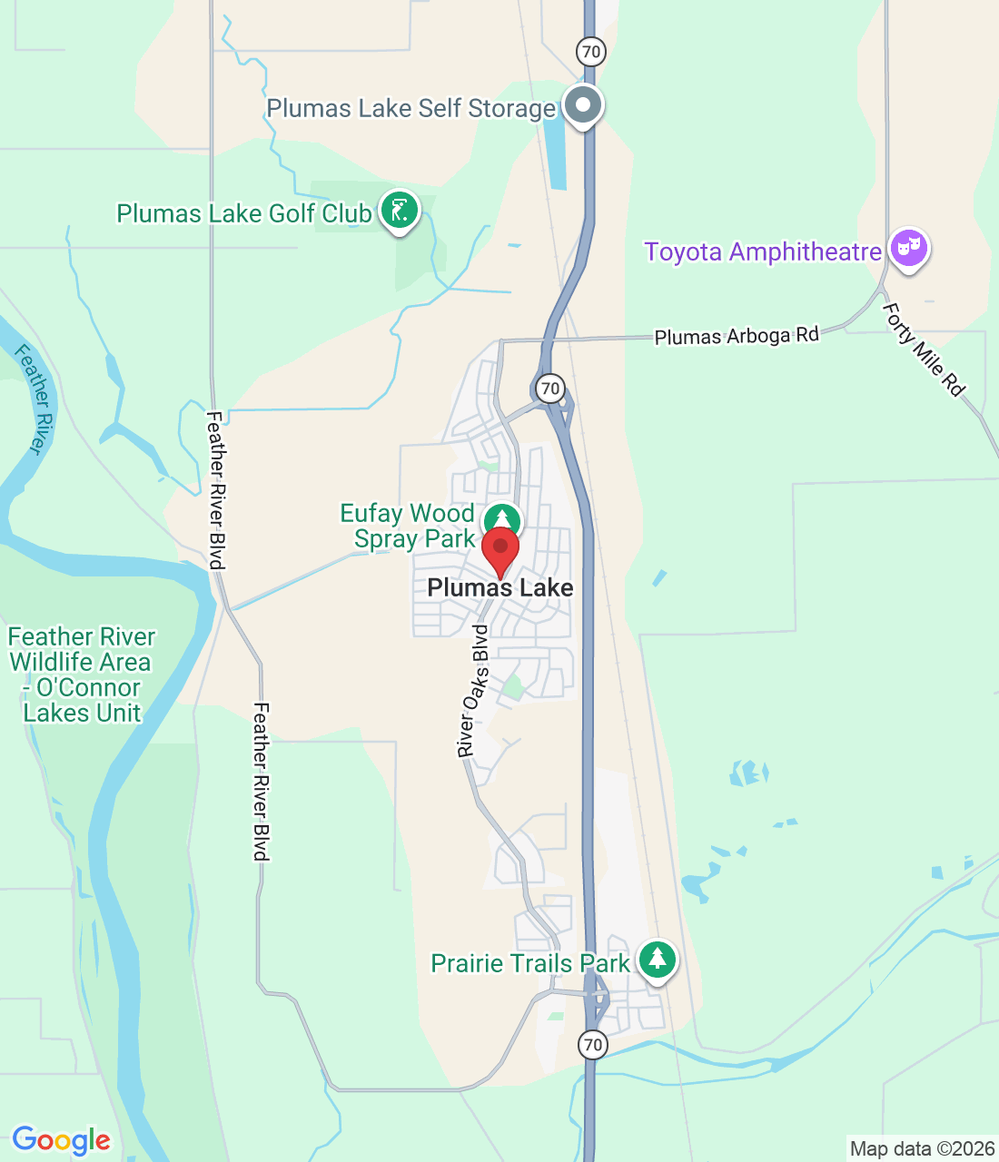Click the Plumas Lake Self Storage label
[410, 109]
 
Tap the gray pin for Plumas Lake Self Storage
[583, 104]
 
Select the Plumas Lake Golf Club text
[244, 214]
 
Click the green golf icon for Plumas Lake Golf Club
[399, 210]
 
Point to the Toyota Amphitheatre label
[763, 251]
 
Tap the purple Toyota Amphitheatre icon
[908, 247]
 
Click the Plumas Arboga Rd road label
[737, 336]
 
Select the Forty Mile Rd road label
[923, 349]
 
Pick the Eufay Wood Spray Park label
[408, 527]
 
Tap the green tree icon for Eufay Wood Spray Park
[501, 520]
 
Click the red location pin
[499, 548]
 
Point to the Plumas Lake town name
[500, 588]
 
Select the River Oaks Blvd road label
[472, 691]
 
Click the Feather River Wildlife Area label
[81, 675]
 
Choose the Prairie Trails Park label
[530, 963]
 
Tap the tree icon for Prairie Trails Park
[657, 959]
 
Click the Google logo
[61, 1140]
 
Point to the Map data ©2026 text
[922, 1149]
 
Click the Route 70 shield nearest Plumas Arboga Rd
[549, 389]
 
